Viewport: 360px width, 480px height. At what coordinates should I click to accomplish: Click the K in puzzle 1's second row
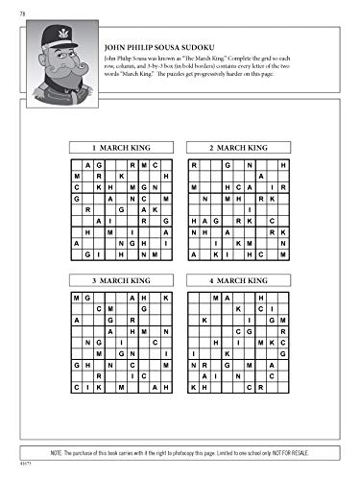pyautogui.click(x=122, y=176)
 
